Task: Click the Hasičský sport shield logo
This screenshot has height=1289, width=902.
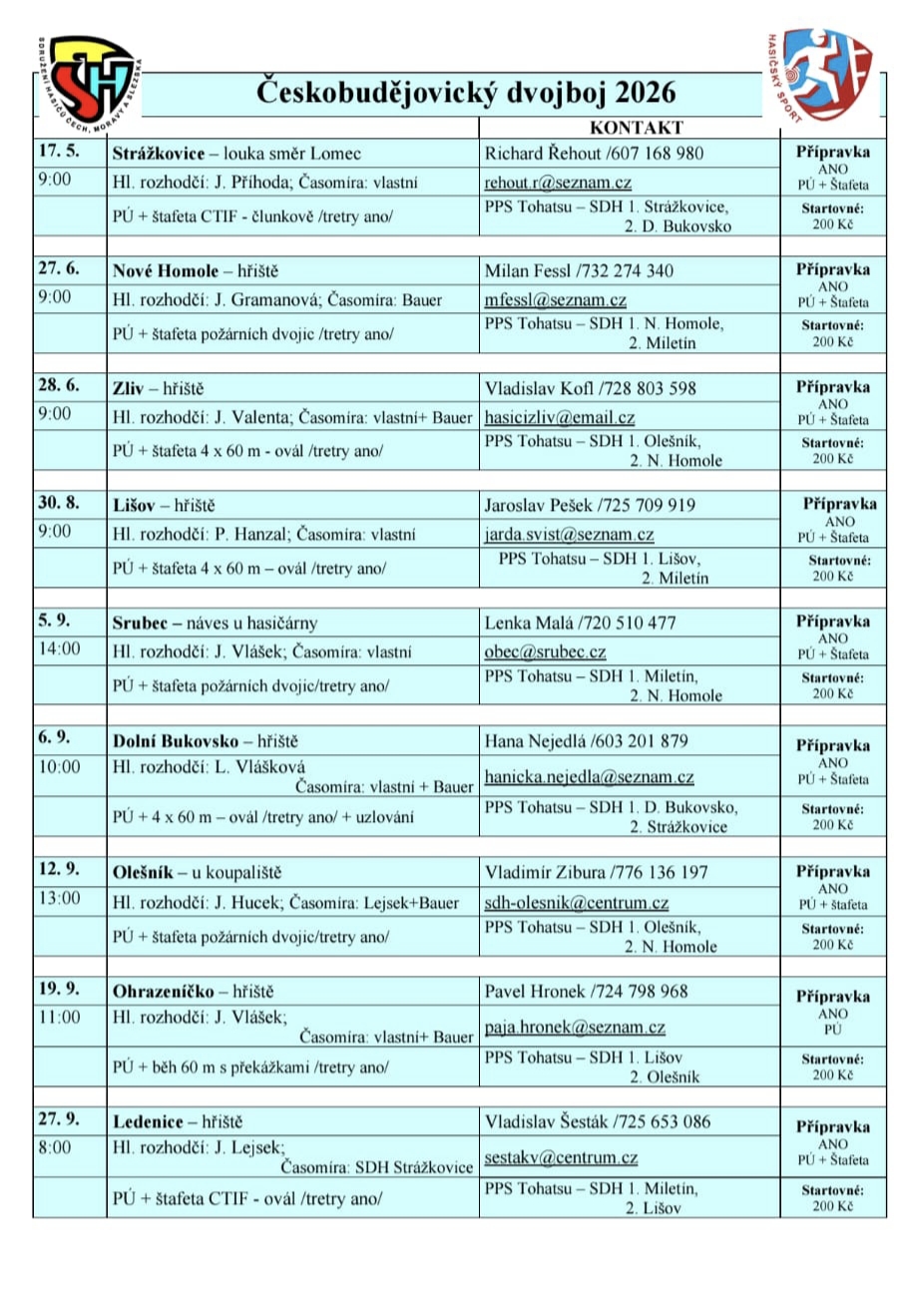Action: pyautogui.click(x=827, y=76)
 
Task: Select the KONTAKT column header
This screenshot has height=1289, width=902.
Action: pyautogui.click(x=636, y=128)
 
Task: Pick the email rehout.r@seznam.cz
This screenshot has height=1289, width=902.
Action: pyautogui.click(x=558, y=183)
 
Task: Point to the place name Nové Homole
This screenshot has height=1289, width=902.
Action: pyautogui.click(x=155, y=270)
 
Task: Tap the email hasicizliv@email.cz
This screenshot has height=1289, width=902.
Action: pyautogui.click(x=559, y=417)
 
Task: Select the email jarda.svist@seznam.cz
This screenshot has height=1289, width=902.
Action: pyautogui.click(x=569, y=534)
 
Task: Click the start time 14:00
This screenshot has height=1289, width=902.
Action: pyautogui.click(x=58, y=651)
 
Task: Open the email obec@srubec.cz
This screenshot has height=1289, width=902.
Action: pyautogui.click(x=545, y=651)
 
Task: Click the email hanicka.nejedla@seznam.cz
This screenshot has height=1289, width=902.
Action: pyautogui.click(x=589, y=776)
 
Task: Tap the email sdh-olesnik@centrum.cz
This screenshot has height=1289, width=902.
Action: pyautogui.click(x=576, y=903)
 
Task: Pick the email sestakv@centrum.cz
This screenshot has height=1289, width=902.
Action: pyautogui.click(x=561, y=1157)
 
